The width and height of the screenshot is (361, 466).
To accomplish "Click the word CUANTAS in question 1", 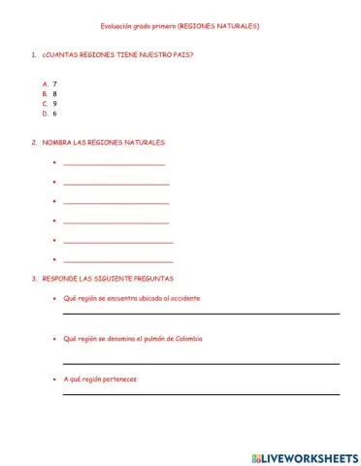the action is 64,54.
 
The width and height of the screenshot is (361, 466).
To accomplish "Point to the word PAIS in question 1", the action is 182,54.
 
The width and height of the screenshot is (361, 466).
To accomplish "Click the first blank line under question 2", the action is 114,164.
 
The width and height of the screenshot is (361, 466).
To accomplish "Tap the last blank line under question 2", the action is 117,261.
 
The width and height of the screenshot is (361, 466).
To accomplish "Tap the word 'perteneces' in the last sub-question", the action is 117,379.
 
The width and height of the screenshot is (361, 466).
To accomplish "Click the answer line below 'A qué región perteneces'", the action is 201,394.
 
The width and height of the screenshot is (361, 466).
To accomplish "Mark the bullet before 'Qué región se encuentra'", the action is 54,299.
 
